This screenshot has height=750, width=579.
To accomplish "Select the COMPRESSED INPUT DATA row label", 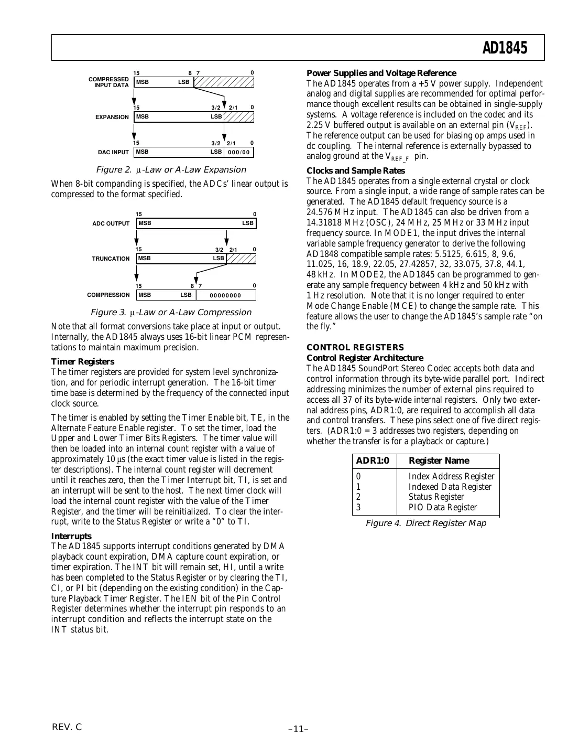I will pyautogui.click(x=110, y=82).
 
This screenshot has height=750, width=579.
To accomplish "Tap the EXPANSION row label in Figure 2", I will pyautogui.click(x=112, y=117).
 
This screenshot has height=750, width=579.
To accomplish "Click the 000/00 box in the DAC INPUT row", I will pyautogui.click(x=239, y=153).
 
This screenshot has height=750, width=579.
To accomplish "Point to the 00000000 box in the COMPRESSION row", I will pyautogui.click(x=225, y=295).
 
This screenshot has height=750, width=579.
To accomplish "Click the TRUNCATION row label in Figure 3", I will pyautogui.click(x=111, y=259).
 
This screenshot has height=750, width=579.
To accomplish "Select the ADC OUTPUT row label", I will pyautogui.click(x=111, y=223).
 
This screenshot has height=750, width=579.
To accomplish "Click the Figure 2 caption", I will pyautogui.click(x=170, y=170).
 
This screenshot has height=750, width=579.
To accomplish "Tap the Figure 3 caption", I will pyautogui.click(x=171, y=313).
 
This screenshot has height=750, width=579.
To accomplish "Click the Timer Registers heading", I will pyautogui.click(x=82, y=361).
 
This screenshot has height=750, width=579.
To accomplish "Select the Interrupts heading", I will pyautogui.click(x=71, y=536).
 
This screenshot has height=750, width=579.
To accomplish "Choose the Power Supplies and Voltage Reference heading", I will pyautogui.click(x=381, y=73).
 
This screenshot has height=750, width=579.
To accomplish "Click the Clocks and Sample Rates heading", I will pyautogui.click(x=355, y=170).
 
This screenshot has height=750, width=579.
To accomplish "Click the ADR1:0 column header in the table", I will pyautogui.click(x=373, y=461).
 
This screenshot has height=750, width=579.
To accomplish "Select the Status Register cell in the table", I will pyautogui.click(x=436, y=497).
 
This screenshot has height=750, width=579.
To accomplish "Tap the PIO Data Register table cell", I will pyautogui.click(x=442, y=507).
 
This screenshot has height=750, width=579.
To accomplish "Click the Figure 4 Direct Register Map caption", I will pyautogui.click(x=425, y=523).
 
